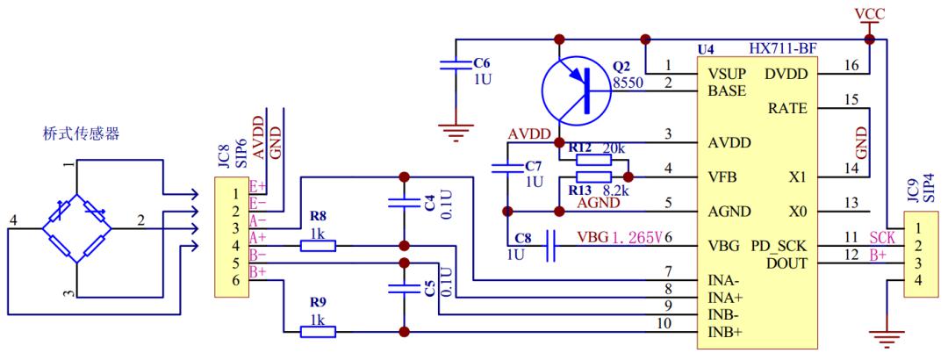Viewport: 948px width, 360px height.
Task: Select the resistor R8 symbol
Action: tap(318, 246)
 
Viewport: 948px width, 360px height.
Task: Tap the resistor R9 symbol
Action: tap(318, 332)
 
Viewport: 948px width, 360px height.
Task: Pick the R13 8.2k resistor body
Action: tap(593, 177)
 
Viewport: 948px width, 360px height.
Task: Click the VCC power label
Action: tap(869, 13)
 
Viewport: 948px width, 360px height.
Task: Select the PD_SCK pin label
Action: tap(779, 246)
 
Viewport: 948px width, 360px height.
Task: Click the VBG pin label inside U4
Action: tap(723, 246)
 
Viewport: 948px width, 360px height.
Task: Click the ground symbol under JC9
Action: tap(887, 339)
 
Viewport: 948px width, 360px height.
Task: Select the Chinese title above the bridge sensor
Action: tap(81, 133)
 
